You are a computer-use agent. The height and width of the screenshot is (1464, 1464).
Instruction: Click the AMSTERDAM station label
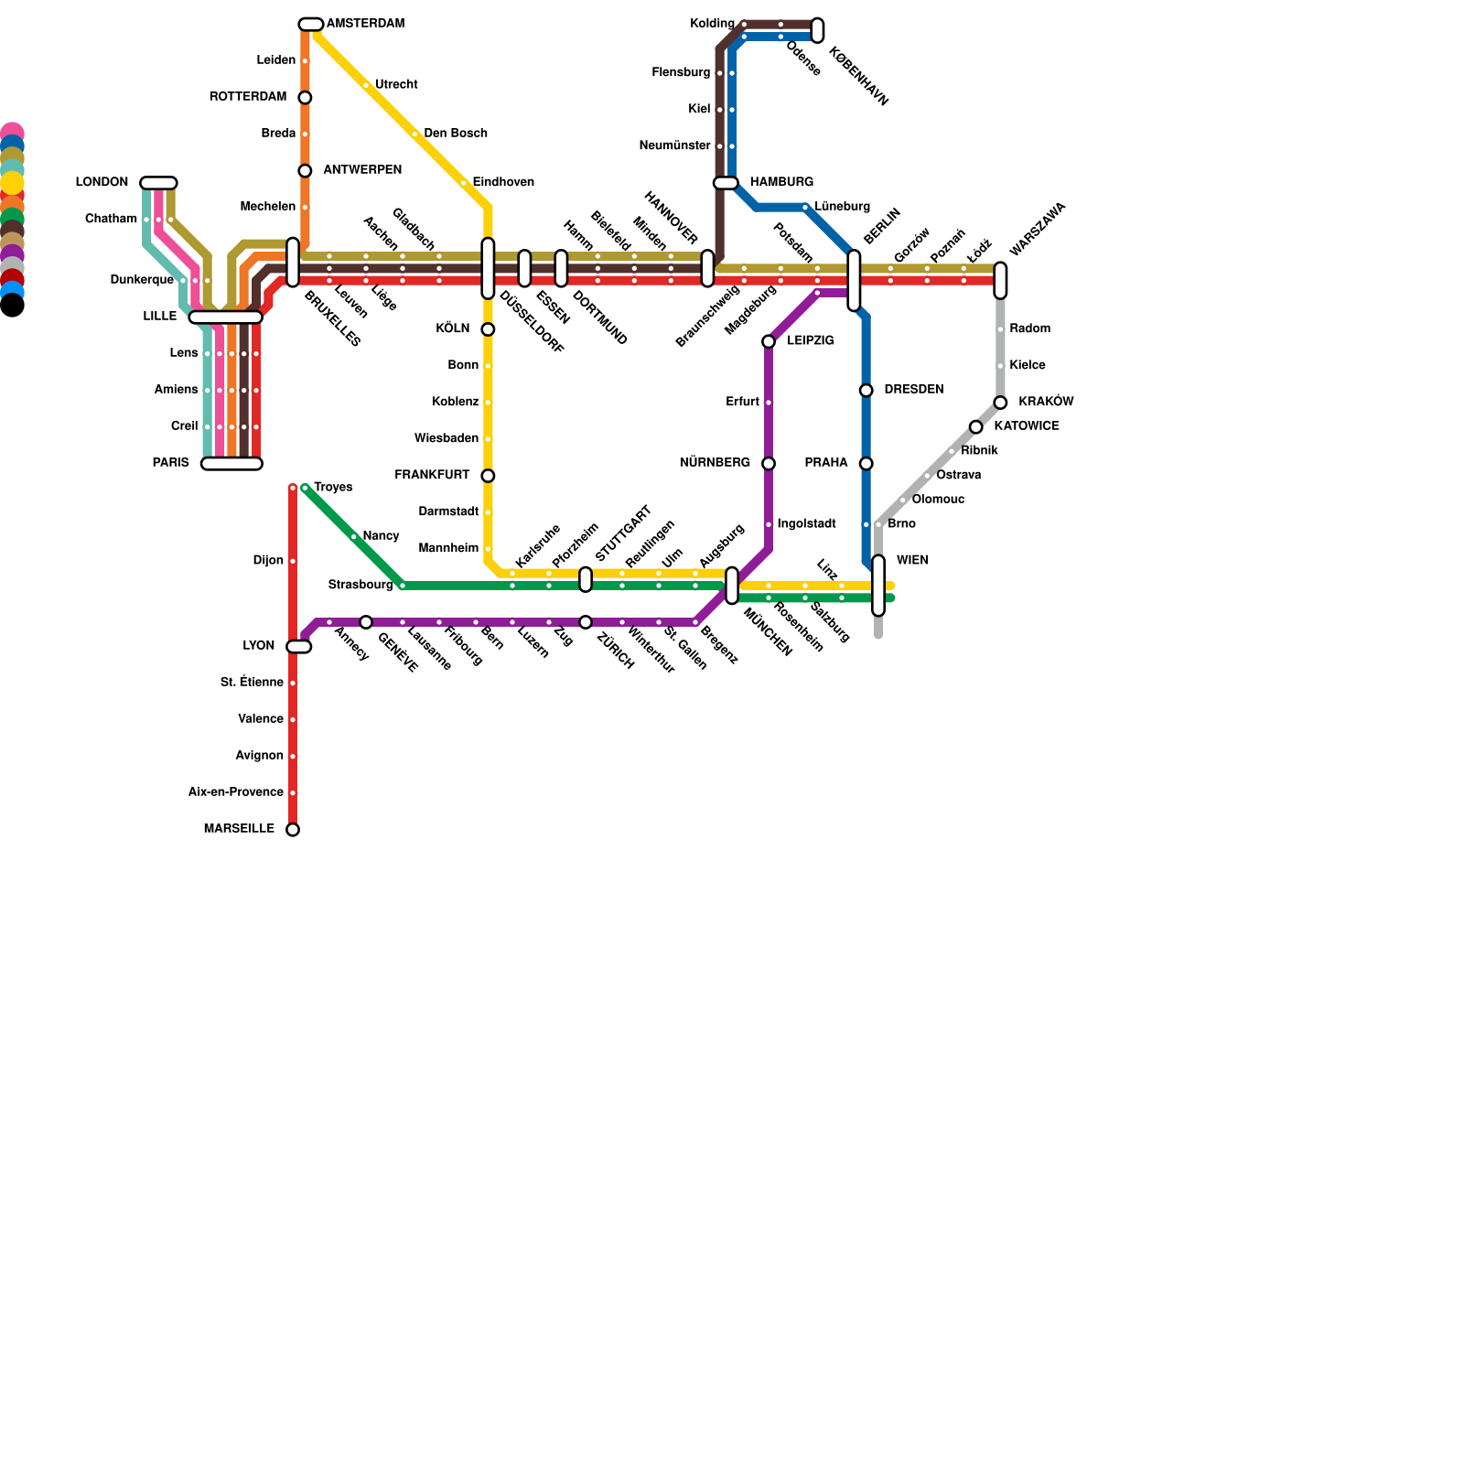365,24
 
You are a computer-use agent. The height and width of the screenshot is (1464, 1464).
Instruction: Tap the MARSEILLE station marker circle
293,830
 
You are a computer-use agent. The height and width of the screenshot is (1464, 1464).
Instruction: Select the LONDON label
102,183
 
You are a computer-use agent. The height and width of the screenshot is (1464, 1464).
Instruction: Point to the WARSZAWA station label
1038,230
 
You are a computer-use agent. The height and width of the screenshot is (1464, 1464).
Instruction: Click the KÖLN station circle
488,329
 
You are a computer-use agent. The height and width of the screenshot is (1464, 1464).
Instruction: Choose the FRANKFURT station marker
488,476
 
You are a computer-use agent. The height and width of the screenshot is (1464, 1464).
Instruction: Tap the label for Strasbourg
360,585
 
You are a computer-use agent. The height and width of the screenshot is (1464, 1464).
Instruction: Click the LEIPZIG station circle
769,342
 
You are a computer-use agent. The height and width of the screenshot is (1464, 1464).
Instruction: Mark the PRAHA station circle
866,464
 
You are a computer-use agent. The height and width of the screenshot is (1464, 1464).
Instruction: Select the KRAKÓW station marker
1001,403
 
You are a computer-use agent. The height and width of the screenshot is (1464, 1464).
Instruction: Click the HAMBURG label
781,183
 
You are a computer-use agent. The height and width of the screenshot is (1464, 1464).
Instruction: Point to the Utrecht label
396,85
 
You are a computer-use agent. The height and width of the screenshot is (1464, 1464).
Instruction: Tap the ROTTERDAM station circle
305,98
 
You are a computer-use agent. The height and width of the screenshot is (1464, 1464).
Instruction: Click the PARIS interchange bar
231,464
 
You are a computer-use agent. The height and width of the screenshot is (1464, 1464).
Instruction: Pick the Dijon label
268,561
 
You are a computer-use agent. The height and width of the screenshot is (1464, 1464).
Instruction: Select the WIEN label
912,560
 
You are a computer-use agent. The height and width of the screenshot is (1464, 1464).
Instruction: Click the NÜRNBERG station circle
769,464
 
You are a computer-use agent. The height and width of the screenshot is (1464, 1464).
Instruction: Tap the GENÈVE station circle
366,622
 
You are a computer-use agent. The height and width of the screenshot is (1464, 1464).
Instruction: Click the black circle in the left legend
12,306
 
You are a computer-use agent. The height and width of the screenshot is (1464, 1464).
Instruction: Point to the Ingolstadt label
806,524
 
